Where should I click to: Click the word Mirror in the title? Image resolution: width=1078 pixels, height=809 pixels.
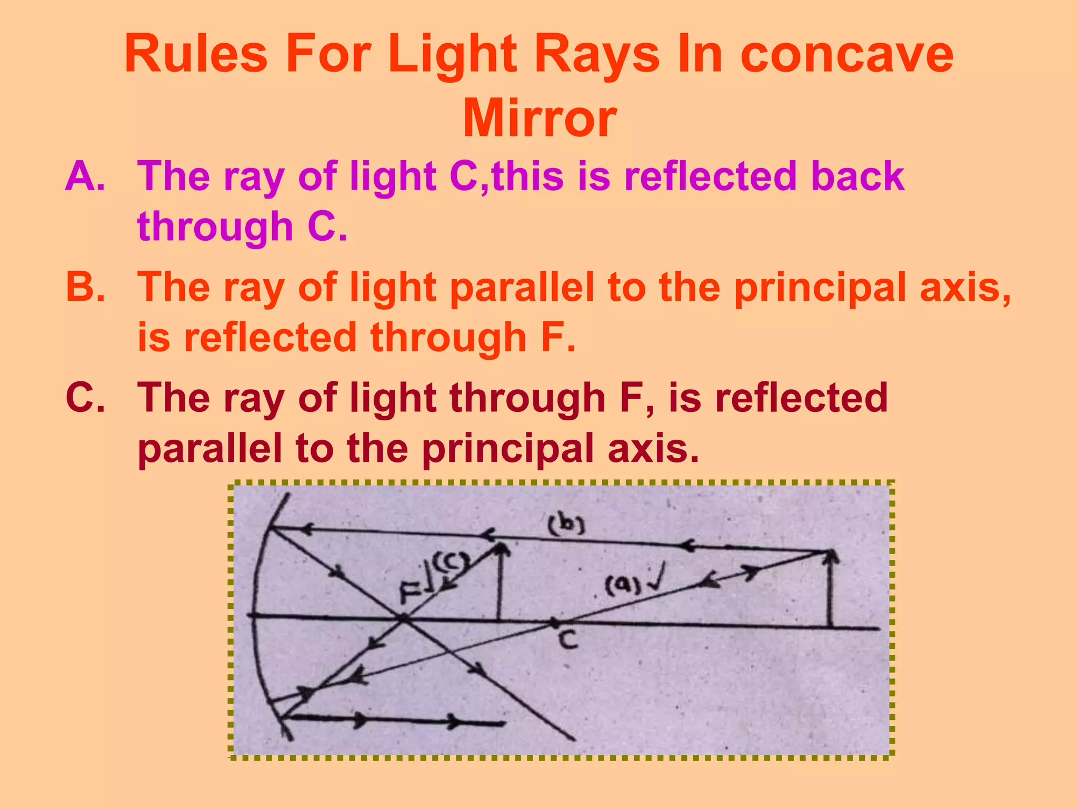click(539, 118)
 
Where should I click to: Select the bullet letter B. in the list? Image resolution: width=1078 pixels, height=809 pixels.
click(85, 287)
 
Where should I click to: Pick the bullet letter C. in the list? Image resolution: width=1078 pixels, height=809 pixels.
click(85, 398)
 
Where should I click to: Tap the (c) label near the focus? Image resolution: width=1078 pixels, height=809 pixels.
click(449, 564)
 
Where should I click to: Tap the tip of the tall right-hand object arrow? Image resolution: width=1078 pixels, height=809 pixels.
click(831, 553)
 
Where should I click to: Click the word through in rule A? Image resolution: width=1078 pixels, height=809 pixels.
click(215, 226)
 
